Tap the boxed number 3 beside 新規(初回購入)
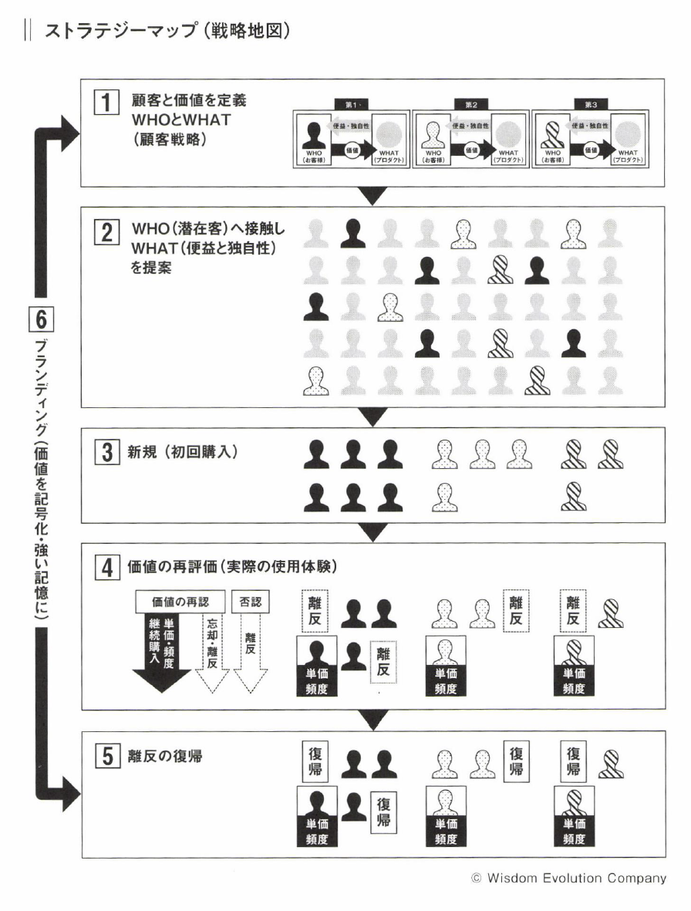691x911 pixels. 106,450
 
